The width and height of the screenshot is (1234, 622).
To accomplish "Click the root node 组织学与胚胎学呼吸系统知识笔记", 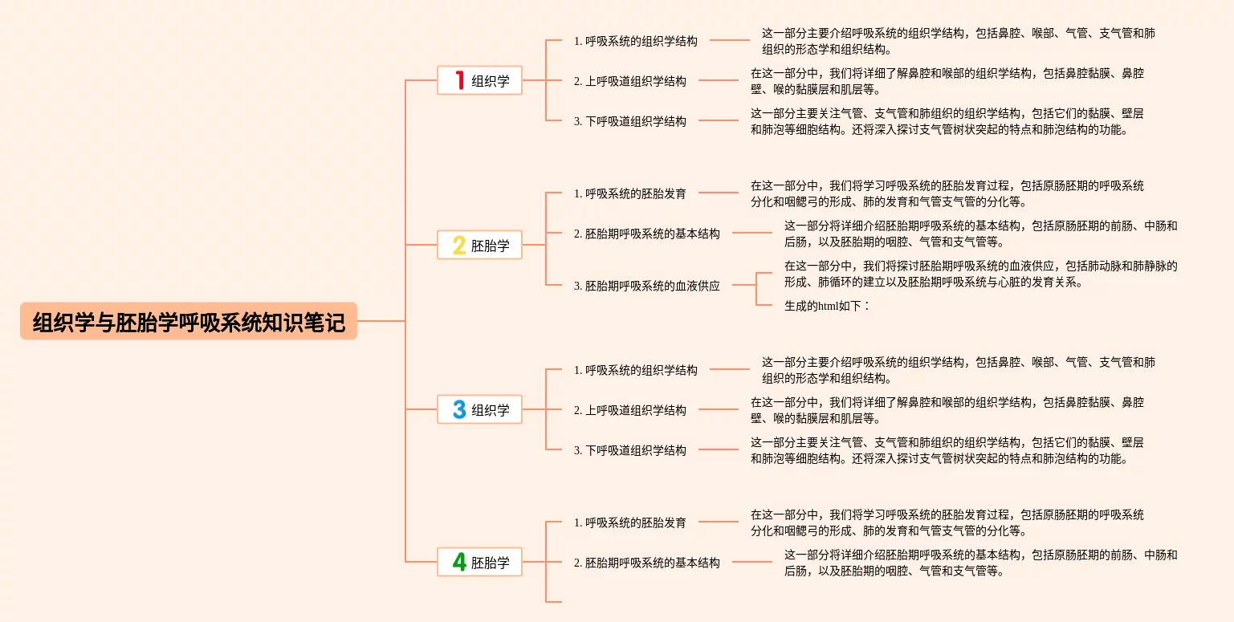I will (x=189, y=322).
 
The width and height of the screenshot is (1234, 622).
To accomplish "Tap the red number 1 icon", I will (x=460, y=80).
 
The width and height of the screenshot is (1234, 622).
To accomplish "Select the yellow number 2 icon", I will (x=459, y=245).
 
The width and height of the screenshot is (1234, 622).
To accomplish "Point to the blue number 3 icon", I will (x=459, y=409).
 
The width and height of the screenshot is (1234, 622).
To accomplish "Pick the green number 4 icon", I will (x=459, y=562).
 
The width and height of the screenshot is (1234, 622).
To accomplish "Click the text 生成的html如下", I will (x=827, y=305).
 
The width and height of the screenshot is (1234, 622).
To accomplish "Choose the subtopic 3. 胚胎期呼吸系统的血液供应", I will (x=647, y=286).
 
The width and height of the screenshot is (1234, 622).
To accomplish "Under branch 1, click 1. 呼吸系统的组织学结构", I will (x=636, y=41).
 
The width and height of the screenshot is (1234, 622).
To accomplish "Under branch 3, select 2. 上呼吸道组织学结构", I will (x=630, y=410).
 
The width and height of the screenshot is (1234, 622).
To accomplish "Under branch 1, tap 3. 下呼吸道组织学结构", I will (x=630, y=121).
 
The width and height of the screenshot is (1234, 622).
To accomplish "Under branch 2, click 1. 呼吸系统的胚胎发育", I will (x=630, y=193).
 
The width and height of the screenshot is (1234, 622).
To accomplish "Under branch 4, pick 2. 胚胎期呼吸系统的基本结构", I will (x=647, y=563).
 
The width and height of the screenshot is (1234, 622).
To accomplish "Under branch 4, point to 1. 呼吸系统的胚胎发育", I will (x=630, y=522).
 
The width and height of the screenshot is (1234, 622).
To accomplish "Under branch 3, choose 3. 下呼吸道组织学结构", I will (x=630, y=450).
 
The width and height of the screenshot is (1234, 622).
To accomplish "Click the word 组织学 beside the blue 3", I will (x=491, y=410).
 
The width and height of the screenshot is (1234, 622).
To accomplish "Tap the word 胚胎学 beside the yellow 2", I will (x=491, y=246).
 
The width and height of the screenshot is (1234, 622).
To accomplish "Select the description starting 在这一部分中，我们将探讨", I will (x=980, y=274).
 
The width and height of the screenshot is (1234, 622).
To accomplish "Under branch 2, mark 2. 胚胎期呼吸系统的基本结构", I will (x=647, y=234).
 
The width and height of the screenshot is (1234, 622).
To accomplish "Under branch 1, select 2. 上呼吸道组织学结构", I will (x=630, y=81).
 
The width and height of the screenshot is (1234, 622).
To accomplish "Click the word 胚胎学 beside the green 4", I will (x=491, y=563).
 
